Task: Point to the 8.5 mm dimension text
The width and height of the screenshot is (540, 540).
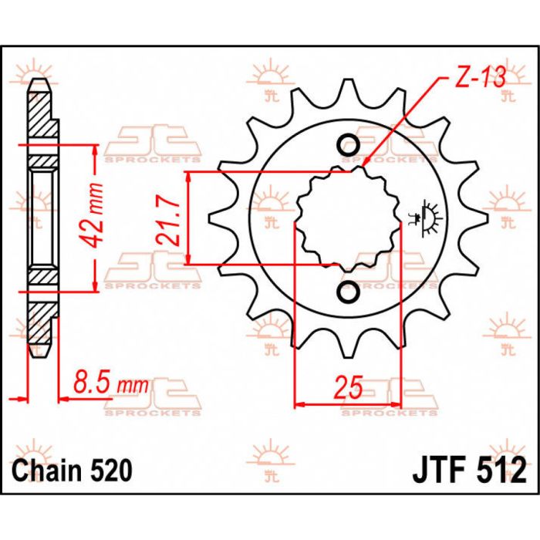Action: tap(110, 382)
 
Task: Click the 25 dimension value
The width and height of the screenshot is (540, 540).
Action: tap(349, 386)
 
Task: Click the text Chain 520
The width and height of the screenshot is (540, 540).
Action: tap(72, 469)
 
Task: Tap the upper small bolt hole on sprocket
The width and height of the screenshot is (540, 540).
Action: tap(348, 146)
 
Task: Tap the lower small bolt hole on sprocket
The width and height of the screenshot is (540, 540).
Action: tap(348, 292)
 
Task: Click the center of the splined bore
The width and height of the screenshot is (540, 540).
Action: tap(348, 219)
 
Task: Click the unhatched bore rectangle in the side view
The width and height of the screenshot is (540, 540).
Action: tap(42, 218)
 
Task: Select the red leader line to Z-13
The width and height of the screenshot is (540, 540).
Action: tap(401, 123)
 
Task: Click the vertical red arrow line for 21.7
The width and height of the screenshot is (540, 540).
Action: tap(190, 218)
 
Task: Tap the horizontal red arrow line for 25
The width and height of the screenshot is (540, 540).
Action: tap(348, 403)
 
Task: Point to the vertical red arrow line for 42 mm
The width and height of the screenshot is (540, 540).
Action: tap(96, 218)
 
